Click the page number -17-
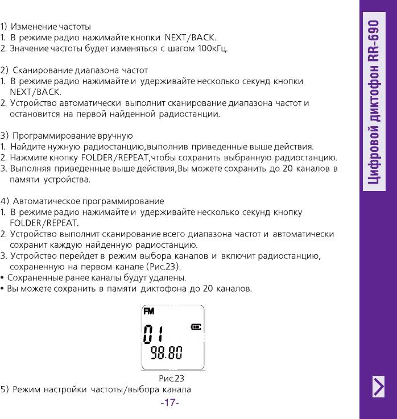coord(170,403)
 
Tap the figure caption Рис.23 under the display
coord(171,378)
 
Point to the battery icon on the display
coord(196,327)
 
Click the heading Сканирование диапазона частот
coord(80,71)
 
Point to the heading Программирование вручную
coord(72,136)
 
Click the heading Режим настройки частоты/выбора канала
coord(102,390)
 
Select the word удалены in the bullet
coord(166,277)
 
